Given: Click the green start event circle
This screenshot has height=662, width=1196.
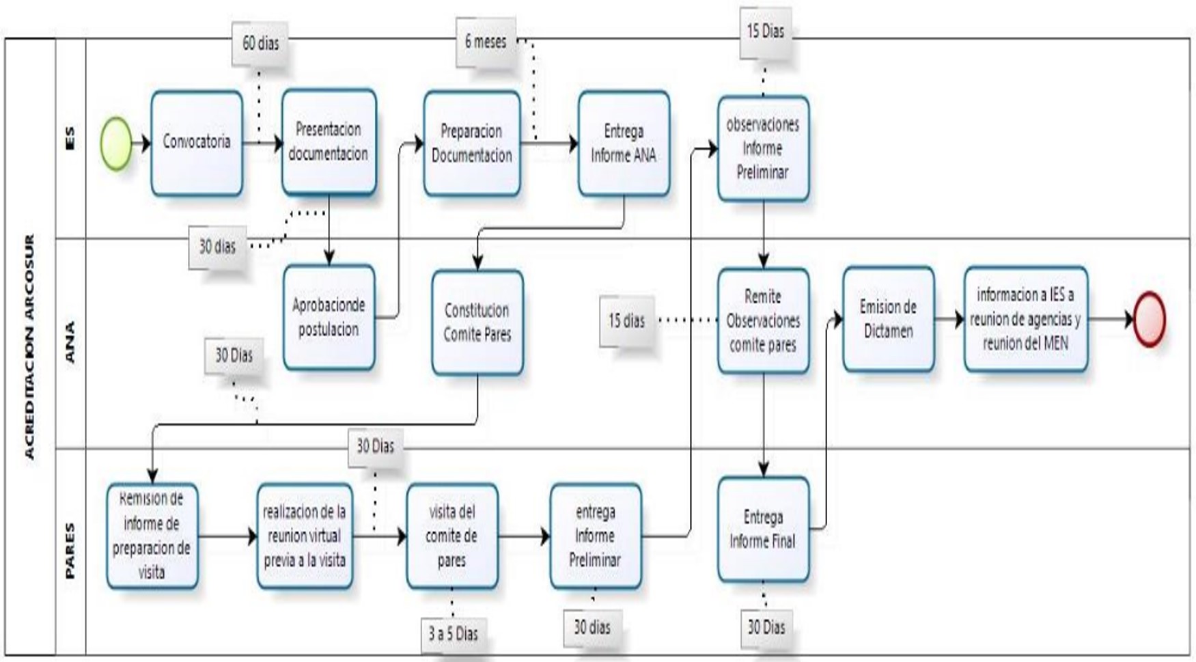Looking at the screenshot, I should coord(116,143).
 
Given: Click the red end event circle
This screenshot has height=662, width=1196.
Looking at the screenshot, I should coord(1149,319).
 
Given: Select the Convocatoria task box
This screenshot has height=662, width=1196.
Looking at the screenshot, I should coord(197,143).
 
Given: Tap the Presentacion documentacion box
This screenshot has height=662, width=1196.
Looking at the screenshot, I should coord(329,141).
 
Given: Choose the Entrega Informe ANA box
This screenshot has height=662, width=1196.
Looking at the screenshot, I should coord(623,143).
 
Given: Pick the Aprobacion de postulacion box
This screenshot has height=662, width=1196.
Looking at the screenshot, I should coord(329,318).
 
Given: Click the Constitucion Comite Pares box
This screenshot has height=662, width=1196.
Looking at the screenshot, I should coord(477,322).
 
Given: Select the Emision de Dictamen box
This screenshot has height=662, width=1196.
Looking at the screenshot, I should coord(888,319).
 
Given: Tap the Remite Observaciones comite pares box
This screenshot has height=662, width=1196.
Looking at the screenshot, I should coord(763,320).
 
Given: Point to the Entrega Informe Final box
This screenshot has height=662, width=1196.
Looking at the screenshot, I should coord(763,529).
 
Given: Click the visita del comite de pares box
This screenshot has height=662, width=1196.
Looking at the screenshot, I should coord(451,536).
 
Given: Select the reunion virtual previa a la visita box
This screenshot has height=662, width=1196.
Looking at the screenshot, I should coord(305,536).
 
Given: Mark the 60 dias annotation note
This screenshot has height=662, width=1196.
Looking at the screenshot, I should coord(260,43).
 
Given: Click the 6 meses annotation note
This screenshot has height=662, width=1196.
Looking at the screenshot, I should coord(486,42).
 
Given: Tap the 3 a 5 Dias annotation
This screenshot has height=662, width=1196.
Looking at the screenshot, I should coord(453,634).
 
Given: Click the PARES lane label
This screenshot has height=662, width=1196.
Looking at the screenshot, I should coord(70,551).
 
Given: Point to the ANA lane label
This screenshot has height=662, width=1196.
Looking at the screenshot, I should coord(70,342).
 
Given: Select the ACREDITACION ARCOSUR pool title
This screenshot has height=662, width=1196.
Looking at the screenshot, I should coord(29,346).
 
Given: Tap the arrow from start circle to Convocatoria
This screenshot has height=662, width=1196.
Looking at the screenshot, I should coord(141,143).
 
